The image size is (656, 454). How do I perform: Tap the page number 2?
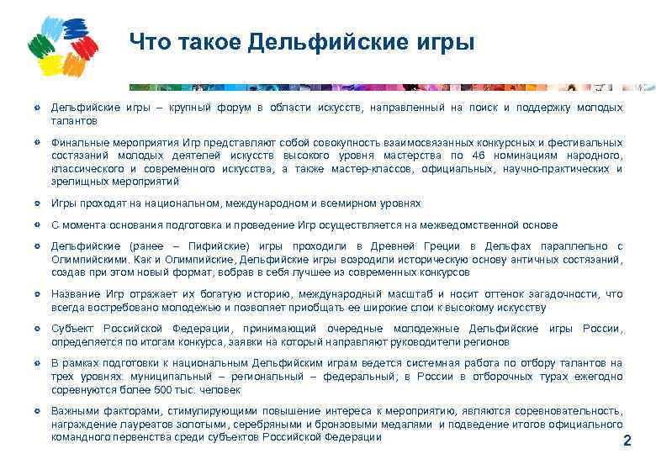coord(625,441)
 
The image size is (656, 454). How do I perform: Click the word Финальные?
coord(77,142)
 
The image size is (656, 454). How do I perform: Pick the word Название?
coord(75,294)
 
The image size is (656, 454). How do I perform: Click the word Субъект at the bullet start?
coord(71,329)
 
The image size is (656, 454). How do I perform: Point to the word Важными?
coord(74,410)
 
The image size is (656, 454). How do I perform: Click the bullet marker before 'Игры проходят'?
coord(37,203)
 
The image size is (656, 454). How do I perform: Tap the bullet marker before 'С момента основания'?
coord(37,224)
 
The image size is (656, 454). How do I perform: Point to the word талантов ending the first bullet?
coord(73,121)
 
